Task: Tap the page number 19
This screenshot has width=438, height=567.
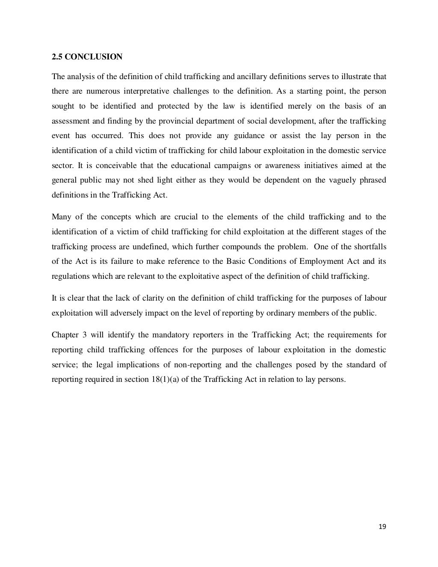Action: (382, 527)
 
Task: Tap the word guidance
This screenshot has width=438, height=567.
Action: (249, 136)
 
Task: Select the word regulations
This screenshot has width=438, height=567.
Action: (69, 276)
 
